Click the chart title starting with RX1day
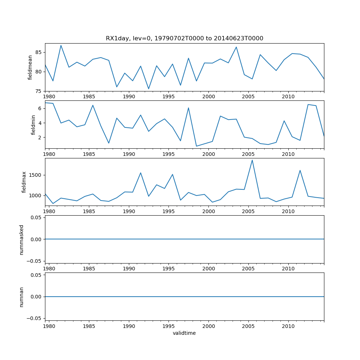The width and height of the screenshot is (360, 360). [184, 39]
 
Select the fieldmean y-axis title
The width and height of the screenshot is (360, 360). [30, 67]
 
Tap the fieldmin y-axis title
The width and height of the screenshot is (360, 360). [33, 125]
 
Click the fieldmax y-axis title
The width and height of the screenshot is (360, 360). [24, 182]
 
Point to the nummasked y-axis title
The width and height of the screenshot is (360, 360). [22, 240]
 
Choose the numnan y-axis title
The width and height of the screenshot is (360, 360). [22, 297]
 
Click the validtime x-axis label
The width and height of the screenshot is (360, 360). [184, 333]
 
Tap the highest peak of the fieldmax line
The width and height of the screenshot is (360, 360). [252, 160]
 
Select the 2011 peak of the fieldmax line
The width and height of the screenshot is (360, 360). [300, 170]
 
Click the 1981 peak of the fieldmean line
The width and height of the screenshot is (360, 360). [61, 45]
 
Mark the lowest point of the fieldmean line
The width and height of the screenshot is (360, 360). [148, 89]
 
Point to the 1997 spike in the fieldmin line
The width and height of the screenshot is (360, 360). [188, 108]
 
